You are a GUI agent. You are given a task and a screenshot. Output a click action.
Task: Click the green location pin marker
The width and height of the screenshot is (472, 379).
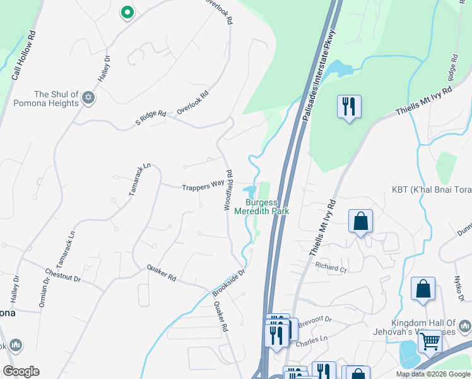click(127, 12)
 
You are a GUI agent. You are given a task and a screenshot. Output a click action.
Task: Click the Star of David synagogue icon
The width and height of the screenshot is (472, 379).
click(88, 99)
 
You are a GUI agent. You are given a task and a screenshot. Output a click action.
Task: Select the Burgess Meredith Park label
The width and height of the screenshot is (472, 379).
click(262, 207)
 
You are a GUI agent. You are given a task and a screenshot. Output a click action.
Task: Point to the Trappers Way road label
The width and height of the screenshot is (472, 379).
click(203, 187)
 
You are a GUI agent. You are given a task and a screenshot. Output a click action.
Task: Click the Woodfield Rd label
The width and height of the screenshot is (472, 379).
click(230, 189)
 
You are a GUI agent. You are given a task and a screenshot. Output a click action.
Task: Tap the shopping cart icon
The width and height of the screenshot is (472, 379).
click(430, 342)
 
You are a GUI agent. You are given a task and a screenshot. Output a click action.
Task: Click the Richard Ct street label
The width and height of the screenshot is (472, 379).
click(332, 268)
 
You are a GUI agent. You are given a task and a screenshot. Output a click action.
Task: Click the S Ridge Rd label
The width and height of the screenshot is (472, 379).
click(151, 117)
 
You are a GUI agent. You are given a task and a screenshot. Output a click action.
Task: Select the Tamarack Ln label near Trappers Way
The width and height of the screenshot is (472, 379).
click(140, 179)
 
